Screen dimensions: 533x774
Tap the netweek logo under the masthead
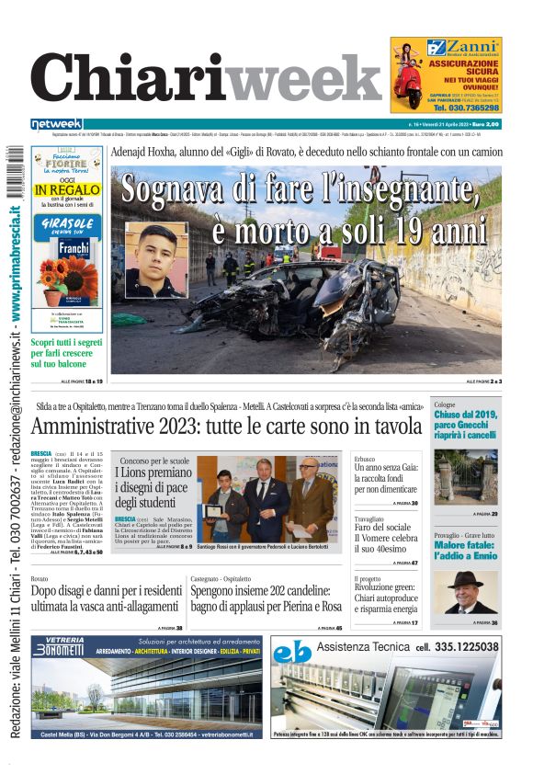[56, 123]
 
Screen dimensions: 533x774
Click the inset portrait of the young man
[155, 259]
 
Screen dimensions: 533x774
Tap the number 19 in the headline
[419, 227]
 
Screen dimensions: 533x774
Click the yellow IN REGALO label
[67, 190]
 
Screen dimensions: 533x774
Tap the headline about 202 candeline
[266, 599]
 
